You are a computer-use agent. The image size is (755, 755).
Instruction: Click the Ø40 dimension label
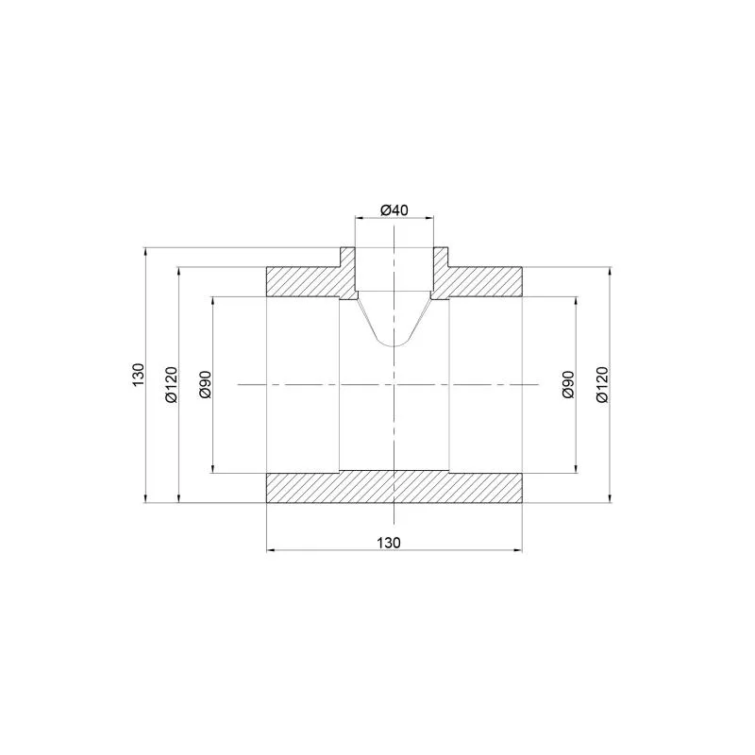pos(394,210)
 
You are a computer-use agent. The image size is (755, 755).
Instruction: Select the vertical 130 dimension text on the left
pos(138,375)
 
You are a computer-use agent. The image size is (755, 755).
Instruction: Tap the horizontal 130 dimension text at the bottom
pos(389,543)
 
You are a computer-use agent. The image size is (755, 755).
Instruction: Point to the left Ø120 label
pos(172,384)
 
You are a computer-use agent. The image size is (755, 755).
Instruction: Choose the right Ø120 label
pos(602,384)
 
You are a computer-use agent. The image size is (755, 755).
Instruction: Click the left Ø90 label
pos(205,384)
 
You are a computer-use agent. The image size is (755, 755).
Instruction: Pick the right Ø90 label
pos(569,384)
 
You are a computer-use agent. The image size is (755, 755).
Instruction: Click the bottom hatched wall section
pos(394,487)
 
